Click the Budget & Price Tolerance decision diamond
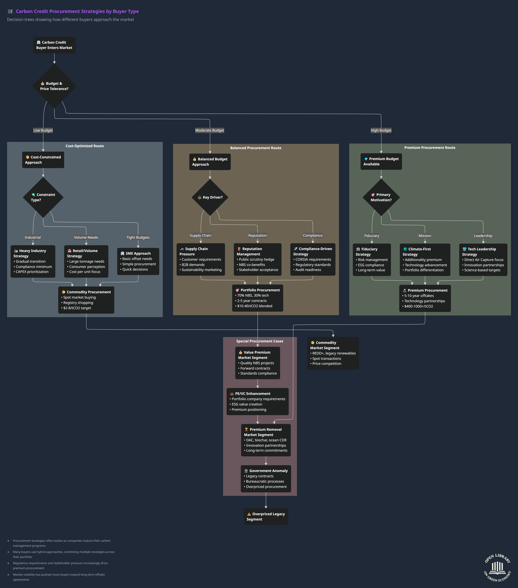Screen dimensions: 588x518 (54, 86)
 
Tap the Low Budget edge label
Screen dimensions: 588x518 (43, 130)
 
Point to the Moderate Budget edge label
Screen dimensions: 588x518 (210, 130)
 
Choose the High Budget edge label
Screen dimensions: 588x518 (381, 130)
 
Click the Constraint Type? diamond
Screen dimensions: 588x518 (43, 197)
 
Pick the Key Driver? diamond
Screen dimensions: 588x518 (210, 197)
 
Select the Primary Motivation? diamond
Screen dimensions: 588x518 (381, 197)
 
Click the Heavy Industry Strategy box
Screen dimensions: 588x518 (33, 261)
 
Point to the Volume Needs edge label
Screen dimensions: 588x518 (86, 237)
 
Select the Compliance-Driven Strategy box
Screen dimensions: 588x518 (313, 259)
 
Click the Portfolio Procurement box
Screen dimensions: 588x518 (257, 298)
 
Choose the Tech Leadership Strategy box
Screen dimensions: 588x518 (483, 259)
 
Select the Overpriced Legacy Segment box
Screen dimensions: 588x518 (266, 517)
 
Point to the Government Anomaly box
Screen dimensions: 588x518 (266, 479)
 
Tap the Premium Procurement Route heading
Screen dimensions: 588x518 (430, 148)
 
